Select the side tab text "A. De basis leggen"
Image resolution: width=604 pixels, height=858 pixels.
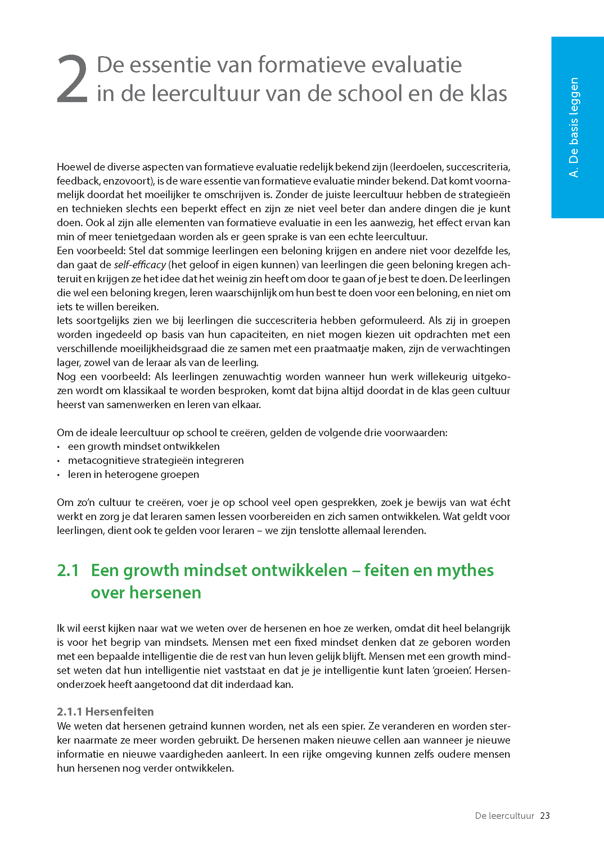pyautogui.click(x=574, y=127)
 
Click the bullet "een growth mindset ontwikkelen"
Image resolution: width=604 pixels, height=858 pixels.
pyautogui.click(x=144, y=446)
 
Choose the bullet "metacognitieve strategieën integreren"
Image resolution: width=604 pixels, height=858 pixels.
pyautogui.click(x=155, y=460)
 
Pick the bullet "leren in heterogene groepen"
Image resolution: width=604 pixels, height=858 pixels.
pyautogui.click(x=134, y=474)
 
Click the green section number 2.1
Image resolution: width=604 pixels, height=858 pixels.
pyautogui.click(x=68, y=570)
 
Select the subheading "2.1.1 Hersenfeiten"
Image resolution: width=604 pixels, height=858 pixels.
pyautogui.click(x=105, y=712)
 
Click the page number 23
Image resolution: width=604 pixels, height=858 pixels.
pyautogui.click(x=545, y=816)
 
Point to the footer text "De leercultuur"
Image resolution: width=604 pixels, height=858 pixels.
pyautogui.click(x=504, y=816)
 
